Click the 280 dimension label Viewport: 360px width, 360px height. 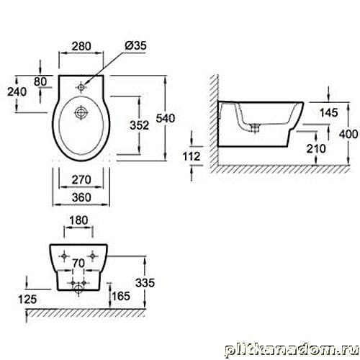coord(81,46)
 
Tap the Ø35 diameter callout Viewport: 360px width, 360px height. coord(135,45)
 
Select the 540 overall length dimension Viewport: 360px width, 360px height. coord(166,118)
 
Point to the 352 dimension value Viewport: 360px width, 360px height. coord(139,125)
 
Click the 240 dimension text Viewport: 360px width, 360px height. coord(17,91)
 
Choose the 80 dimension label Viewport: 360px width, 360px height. coord(40,81)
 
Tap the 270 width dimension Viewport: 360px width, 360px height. coord(81,180)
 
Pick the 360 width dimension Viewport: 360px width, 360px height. coord(81,197)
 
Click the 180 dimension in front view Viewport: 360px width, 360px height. coord(78,220)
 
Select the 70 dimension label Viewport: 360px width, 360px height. coord(78,264)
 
